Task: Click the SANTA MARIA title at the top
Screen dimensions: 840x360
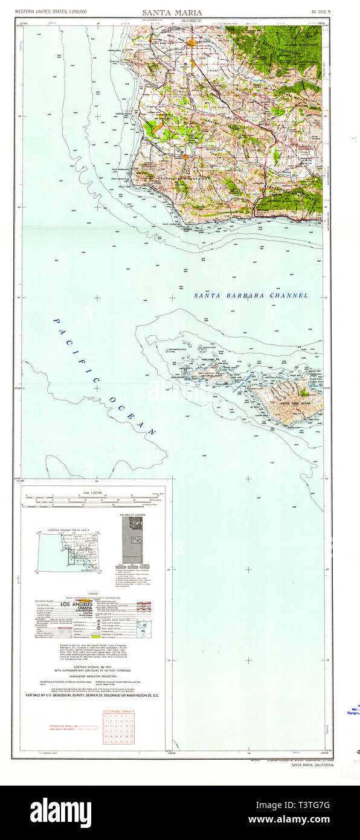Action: (x=172, y=12)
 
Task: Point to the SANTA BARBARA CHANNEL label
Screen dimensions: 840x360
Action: (x=251, y=296)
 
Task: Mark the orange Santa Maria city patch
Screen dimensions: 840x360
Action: (x=191, y=42)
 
